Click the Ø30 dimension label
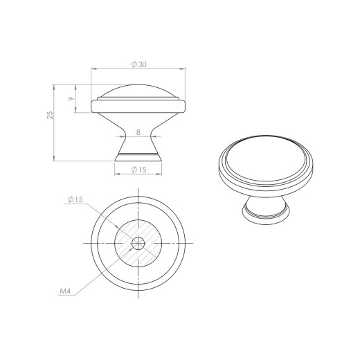tap(139, 64)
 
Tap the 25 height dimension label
tap(50, 115)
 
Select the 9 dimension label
tap(71, 98)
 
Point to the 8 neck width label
tap(138, 132)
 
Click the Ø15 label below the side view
tap(139, 170)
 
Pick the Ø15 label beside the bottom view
tap(75, 199)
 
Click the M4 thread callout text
tap(65, 291)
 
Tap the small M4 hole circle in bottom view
tap(138, 243)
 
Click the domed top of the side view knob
tap(138, 91)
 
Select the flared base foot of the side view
tap(138, 157)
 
